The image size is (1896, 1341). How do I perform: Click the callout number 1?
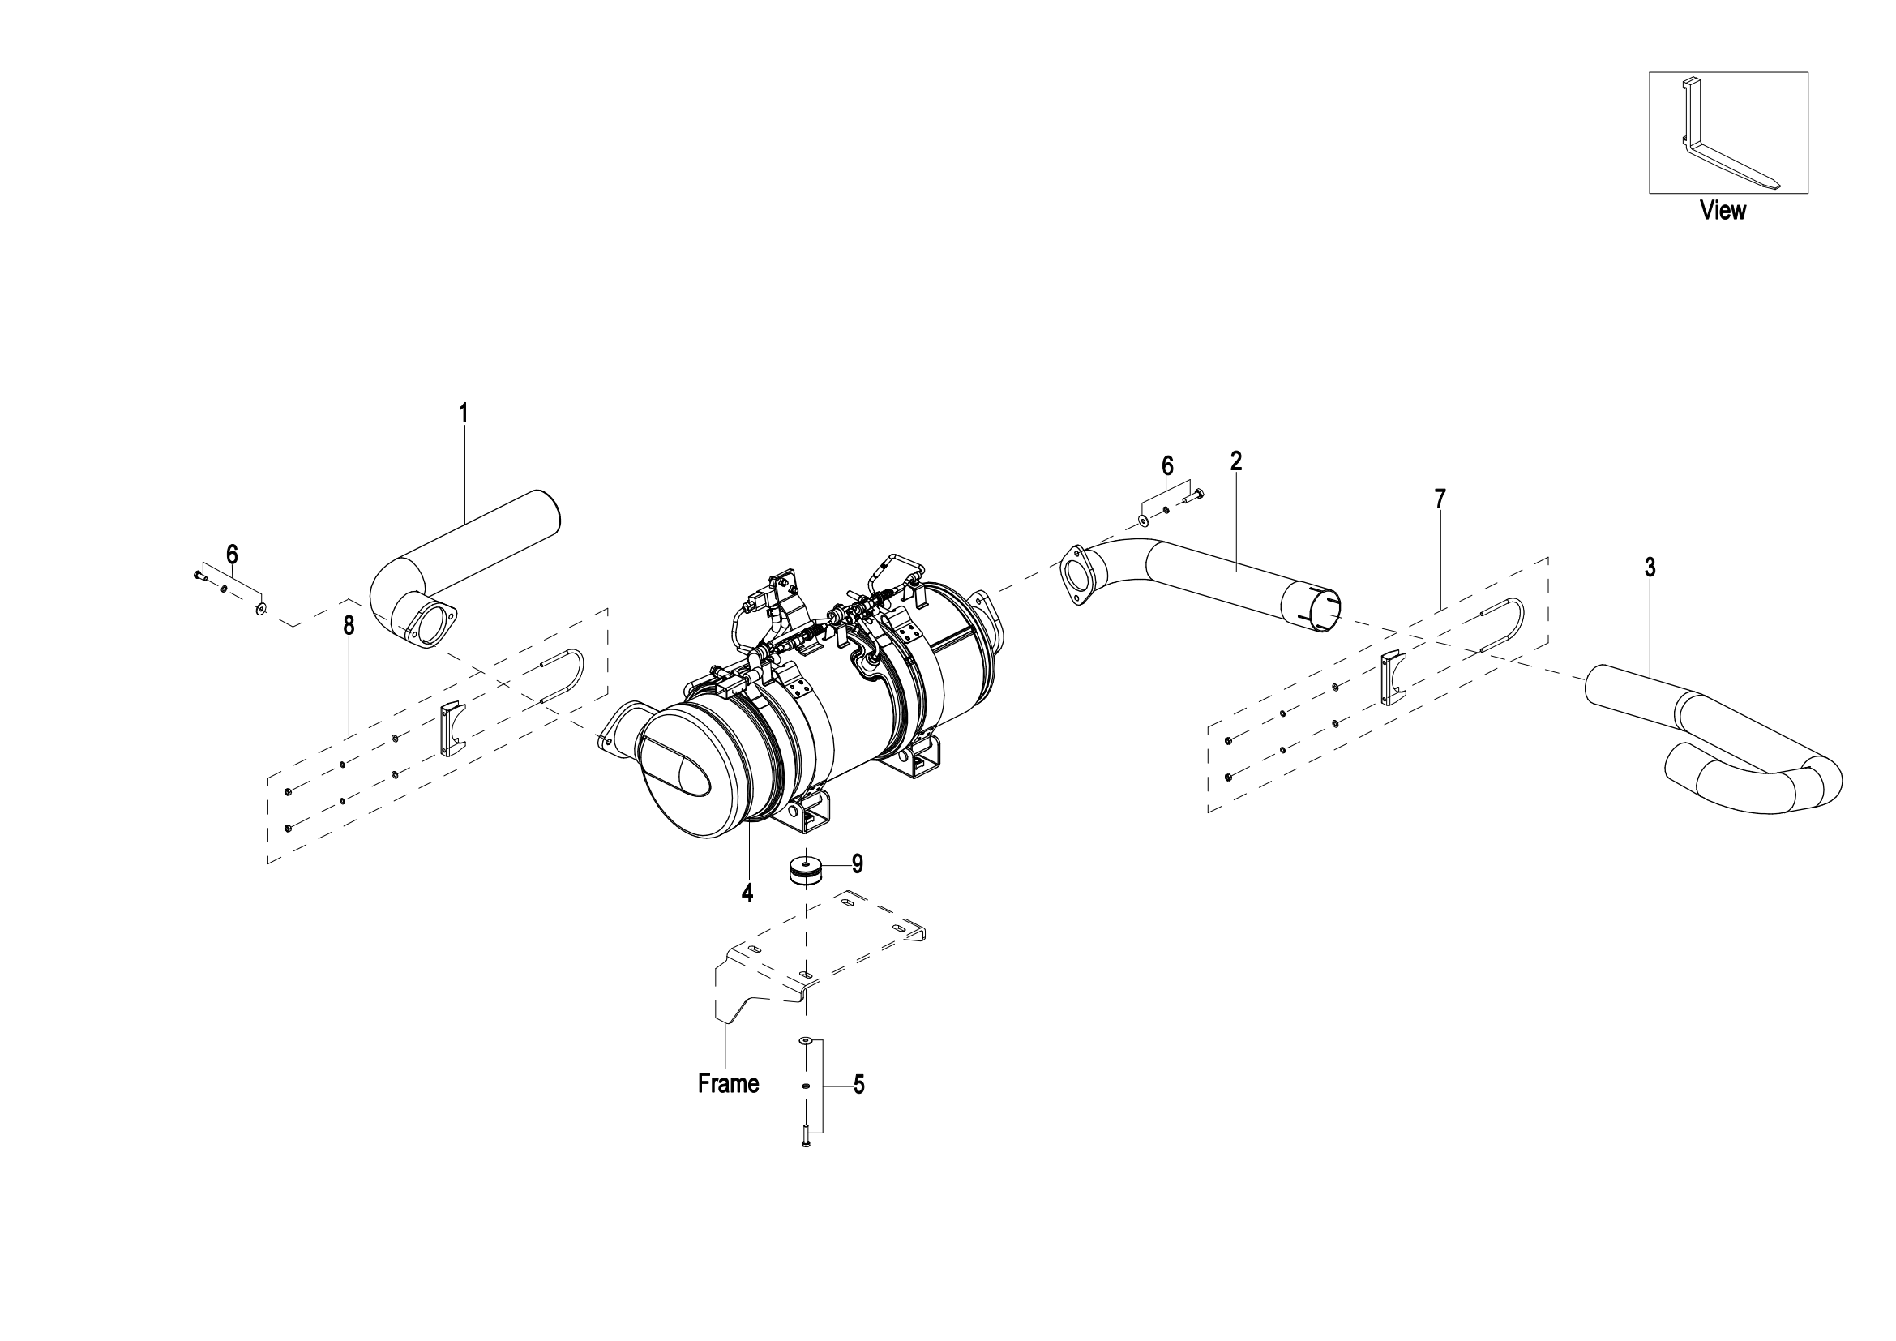click(x=464, y=413)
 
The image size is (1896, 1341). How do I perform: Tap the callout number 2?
click(x=1235, y=461)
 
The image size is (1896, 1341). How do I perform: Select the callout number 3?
click(x=1650, y=568)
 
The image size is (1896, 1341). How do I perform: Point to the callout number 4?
click(x=747, y=893)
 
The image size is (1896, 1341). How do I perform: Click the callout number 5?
click(x=858, y=1085)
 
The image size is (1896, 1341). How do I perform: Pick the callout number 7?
click(x=1440, y=499)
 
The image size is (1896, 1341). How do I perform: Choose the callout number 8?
click(x=349, y=626)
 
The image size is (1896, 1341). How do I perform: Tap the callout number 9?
click(x=857, y=863)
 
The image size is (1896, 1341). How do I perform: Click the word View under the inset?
click(x=1723, y=211)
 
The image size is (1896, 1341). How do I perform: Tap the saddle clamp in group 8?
click(x=452, y=729)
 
